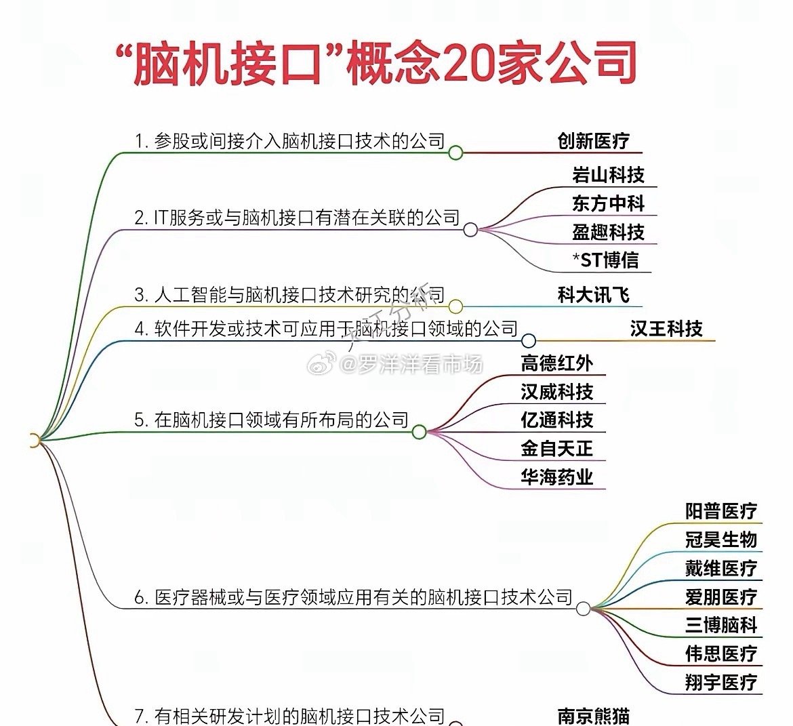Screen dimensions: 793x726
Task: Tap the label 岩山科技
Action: (607, 175)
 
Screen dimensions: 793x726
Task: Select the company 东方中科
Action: (607, 203)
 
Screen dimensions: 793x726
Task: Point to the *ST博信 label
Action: (605, 260)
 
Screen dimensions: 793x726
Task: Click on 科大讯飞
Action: (593, 295)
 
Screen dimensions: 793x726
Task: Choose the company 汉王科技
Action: (666, 329)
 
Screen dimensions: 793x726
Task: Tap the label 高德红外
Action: (556, 363)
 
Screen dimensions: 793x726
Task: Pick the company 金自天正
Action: (556, 448)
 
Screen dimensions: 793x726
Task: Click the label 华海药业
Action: (556, 477)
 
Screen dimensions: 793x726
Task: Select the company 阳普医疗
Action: (720, 511)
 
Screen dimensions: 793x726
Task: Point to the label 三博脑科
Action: (720, 625)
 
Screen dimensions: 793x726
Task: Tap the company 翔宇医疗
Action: (720, 682)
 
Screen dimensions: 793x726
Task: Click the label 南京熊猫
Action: (593, 716)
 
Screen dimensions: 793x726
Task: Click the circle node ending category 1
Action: (455, 153)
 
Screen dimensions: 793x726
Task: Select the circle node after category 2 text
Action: (470, 230)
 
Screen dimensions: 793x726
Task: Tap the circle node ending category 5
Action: (419, 432)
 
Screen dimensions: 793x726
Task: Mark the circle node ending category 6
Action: (583, 609)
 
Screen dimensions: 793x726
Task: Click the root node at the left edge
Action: (34, 441)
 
